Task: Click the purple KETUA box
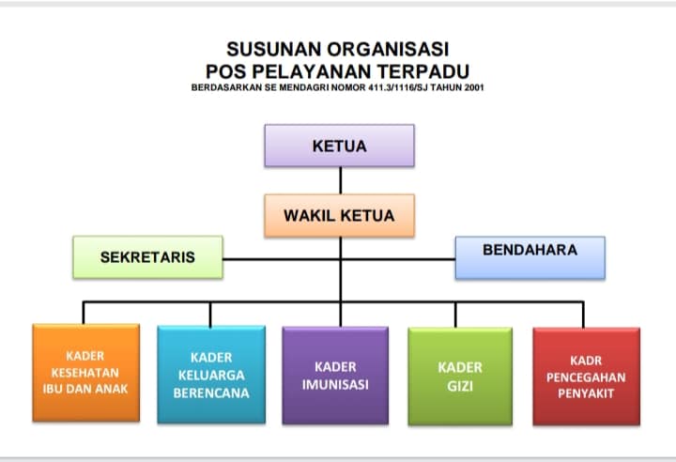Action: click(x=339, y=146)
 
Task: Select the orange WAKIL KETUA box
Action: click(x=339, y=215)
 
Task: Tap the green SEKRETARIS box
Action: click(x=148, y=256)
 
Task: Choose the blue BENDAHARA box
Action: click(x=530, y=256)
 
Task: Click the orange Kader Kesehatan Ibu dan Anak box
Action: click(x=85, y=373)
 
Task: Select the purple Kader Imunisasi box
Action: click(x=335, y=375)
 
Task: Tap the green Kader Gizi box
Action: click(x=460, y=375)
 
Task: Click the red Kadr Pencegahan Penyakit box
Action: click(x=586, y=375)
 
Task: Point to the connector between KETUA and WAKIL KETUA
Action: click(x=340, y=180)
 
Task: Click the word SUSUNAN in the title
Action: click(x=273, y=49)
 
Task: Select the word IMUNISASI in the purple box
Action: click(x=335, y=385)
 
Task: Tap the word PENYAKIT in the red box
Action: click(x=586, y=393)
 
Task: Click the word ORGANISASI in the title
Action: click(x=385, y=49)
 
